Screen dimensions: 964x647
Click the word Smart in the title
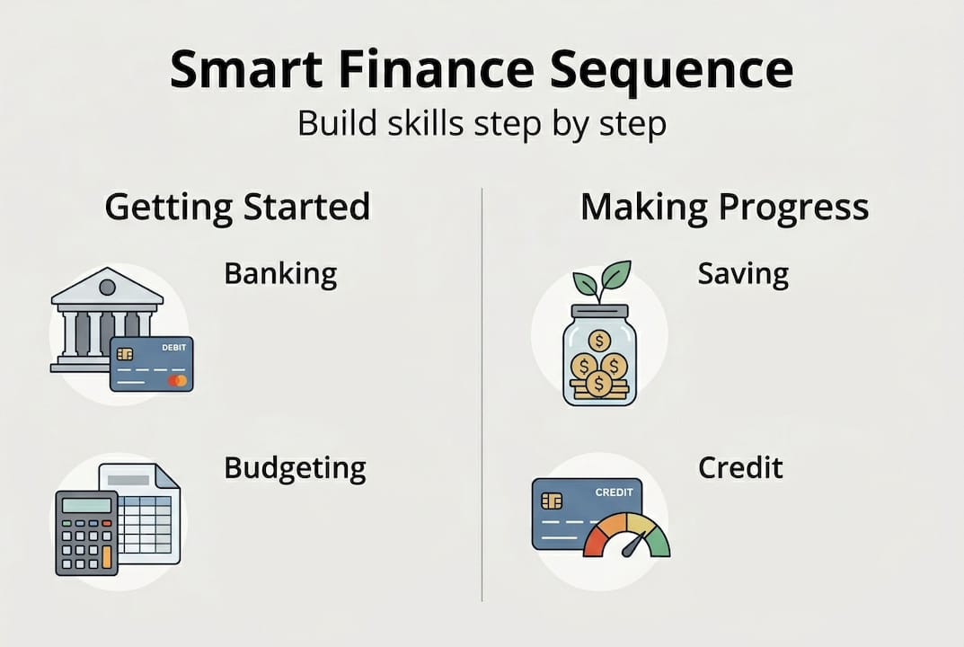(246, 69)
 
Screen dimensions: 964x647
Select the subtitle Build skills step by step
(482, 124)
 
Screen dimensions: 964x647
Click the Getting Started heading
(238, 208)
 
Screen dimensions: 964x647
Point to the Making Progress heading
(725, 208)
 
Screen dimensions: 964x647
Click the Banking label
(280, 274)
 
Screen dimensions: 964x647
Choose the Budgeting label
(295, 469)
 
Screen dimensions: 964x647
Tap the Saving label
(743, 274)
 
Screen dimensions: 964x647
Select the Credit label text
(740, 467)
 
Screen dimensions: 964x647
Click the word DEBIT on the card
(174, 348)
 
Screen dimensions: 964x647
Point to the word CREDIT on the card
(615, 492)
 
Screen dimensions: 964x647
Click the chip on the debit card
(125, 354)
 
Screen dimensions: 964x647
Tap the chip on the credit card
(552, 501)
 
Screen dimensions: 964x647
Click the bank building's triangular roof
(108, 287)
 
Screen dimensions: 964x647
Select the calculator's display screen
(86, 505)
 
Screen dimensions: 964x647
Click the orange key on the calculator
(107, 556)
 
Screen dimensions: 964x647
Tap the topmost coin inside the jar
(599, 341)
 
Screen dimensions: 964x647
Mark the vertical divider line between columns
(482, 394)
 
